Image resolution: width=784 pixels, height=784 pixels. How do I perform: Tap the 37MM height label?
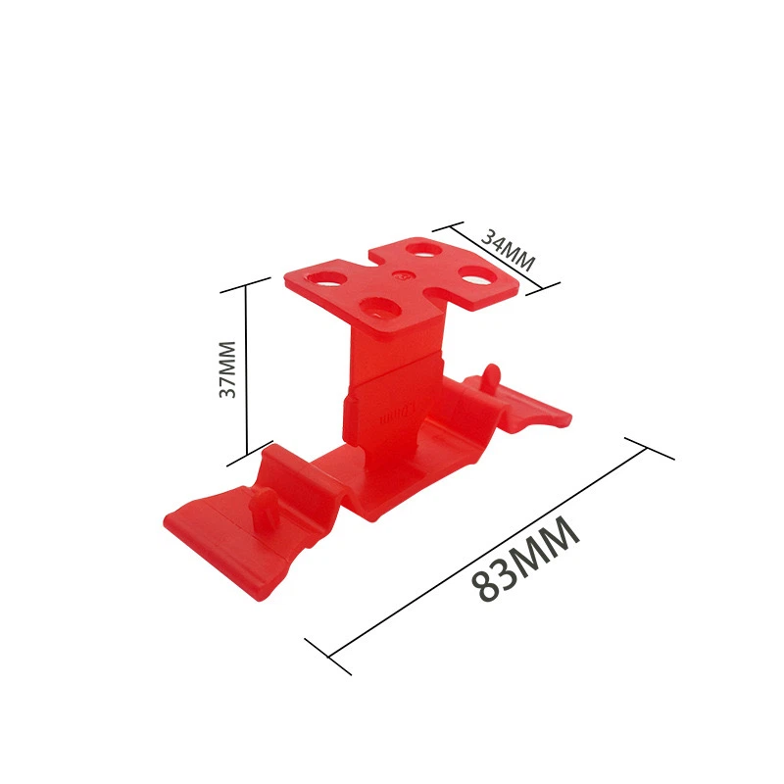point(227,369)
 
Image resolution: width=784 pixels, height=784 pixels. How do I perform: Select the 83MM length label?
point(525,560)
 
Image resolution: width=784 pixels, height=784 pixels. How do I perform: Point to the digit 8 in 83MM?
point(484,585)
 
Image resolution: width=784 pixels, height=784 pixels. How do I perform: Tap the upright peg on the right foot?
point(492,376)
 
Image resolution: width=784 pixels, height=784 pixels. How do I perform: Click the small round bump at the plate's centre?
point(399,276)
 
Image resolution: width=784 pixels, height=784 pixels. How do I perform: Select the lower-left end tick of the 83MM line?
point(327,656)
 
